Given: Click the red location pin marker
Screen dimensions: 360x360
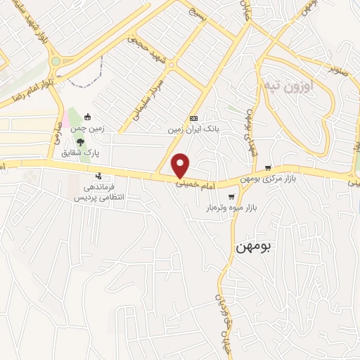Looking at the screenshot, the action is [181, 165].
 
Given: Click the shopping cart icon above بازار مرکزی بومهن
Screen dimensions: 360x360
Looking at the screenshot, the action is [268, 167].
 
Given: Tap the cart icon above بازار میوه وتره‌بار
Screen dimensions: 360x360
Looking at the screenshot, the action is [231, 197].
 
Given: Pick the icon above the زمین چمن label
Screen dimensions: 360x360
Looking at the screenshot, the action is [87, 117].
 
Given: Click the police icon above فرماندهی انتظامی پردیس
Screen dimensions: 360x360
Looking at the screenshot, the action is [99, 176].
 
